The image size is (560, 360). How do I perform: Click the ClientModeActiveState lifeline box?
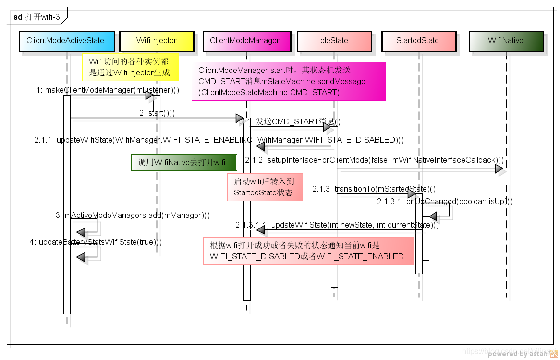tap(67, 41)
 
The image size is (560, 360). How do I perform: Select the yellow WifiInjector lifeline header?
tap(157, 41)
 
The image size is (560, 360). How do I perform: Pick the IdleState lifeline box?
tap(333, 41)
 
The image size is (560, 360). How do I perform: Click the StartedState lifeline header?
tap(418, 41)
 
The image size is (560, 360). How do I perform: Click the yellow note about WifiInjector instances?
tap(130, 67)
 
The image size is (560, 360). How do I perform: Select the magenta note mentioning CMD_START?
tap(288, 81)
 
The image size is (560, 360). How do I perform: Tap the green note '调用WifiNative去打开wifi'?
tap(184, 162)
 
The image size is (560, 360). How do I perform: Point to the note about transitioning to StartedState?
tap(266, 187)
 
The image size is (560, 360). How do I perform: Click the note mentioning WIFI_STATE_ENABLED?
tap(308, 251)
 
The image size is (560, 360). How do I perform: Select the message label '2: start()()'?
tap(157, 113)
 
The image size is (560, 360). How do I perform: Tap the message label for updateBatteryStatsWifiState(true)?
tap(96, 242)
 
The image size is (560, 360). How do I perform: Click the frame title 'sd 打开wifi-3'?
tap(37, 17)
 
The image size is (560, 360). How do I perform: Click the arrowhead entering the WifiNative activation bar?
tap(499, 169)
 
